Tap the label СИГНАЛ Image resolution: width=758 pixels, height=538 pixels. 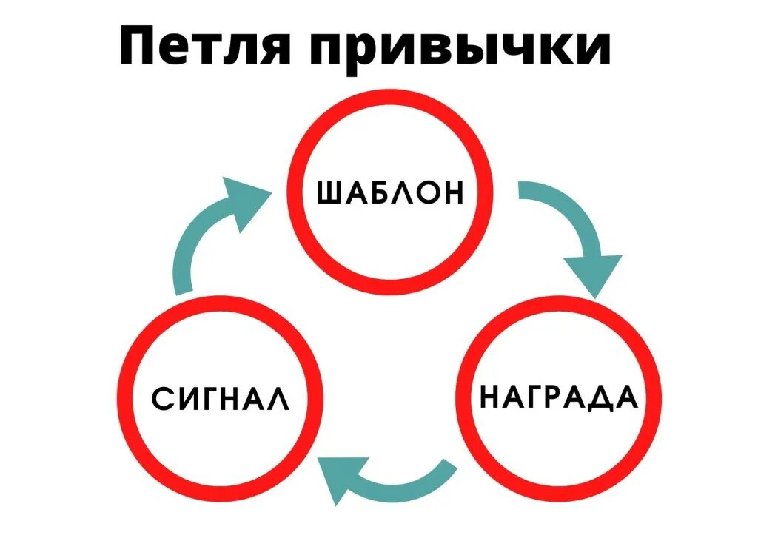pos(220,398)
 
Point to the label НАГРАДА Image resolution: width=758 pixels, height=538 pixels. pos(559,397)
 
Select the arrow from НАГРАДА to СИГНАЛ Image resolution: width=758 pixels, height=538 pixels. pos(385,481)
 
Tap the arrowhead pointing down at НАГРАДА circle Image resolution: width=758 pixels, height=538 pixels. pos(593,274)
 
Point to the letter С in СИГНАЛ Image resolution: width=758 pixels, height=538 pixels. pos(162,398)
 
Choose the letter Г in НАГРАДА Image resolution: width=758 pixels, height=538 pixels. pos(535,397)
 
